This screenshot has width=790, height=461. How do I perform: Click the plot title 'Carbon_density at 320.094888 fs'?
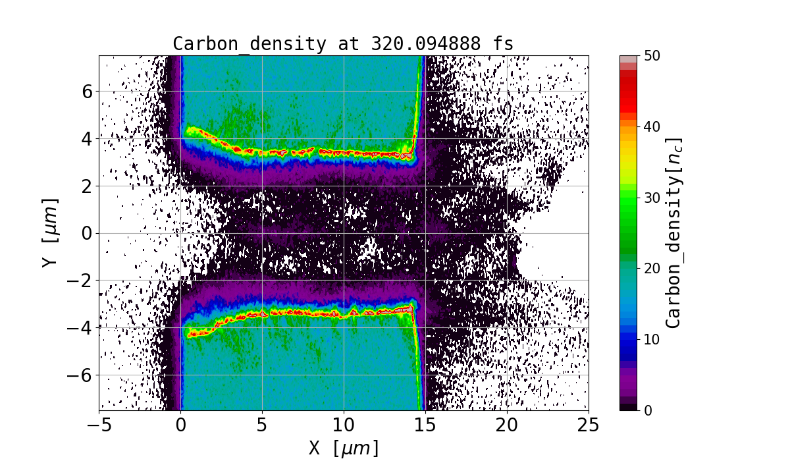[x=343, y=44]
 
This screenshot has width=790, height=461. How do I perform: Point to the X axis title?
[x=344, y=448]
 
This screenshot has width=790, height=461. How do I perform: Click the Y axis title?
[x=49, y=232]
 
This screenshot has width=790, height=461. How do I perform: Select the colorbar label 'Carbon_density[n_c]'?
[x=673, y=232]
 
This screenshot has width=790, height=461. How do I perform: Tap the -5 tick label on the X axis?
[x=99, y=425]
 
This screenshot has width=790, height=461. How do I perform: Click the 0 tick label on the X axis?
[x=181, y=425]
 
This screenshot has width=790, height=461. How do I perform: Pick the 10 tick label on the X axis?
[x=344, y=425]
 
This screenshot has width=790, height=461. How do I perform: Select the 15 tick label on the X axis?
[x=425, y=425]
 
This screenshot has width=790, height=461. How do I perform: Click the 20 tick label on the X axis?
[x=507, y=425]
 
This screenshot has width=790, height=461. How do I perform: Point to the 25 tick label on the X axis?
[x=589, y=425]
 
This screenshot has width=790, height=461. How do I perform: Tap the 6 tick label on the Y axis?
[x=88, y=91]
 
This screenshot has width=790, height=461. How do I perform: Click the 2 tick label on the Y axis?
[x=88, y=186]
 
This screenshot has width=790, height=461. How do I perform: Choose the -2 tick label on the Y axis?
[x=81, y=281]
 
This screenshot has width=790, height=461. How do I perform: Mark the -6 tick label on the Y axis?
[x=81, y=375]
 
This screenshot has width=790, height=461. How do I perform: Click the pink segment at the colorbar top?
[x=629, y=59]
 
